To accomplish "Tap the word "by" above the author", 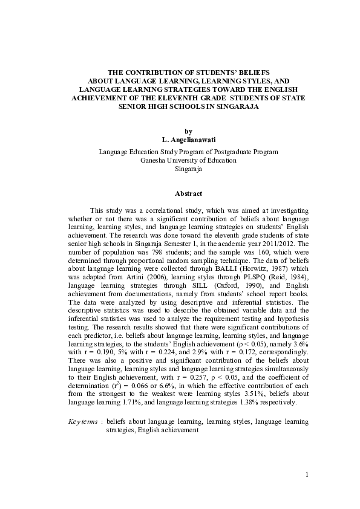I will click(x=188, y=131).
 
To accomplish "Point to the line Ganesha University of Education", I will click(x=188, y=160).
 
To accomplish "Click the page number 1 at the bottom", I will click(x=307, y=474).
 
